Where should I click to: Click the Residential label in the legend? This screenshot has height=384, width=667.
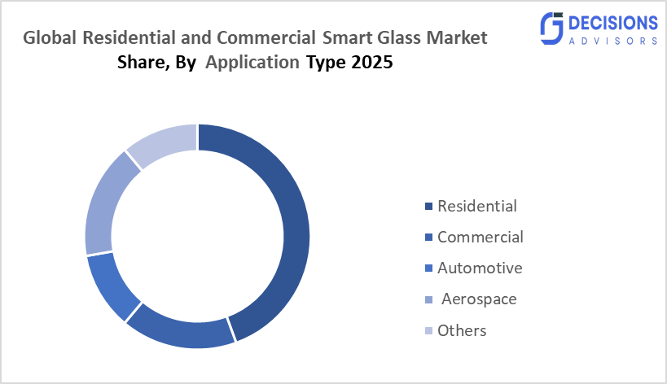coord(476,206)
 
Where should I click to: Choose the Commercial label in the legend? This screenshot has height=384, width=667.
coord(480,237)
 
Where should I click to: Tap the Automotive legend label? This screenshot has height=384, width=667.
coord(480,268)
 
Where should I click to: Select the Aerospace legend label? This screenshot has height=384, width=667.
coord(478,299)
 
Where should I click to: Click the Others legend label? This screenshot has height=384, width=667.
coord(462,330)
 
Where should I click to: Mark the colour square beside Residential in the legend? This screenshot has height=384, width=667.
coord(428,207)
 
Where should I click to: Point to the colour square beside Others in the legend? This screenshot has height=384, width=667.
coord(428,331)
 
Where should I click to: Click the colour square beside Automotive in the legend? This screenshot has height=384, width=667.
coord(428,268)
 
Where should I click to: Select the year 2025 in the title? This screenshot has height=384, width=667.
coord(372,63)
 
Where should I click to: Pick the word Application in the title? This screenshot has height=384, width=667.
coord(252,63)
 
